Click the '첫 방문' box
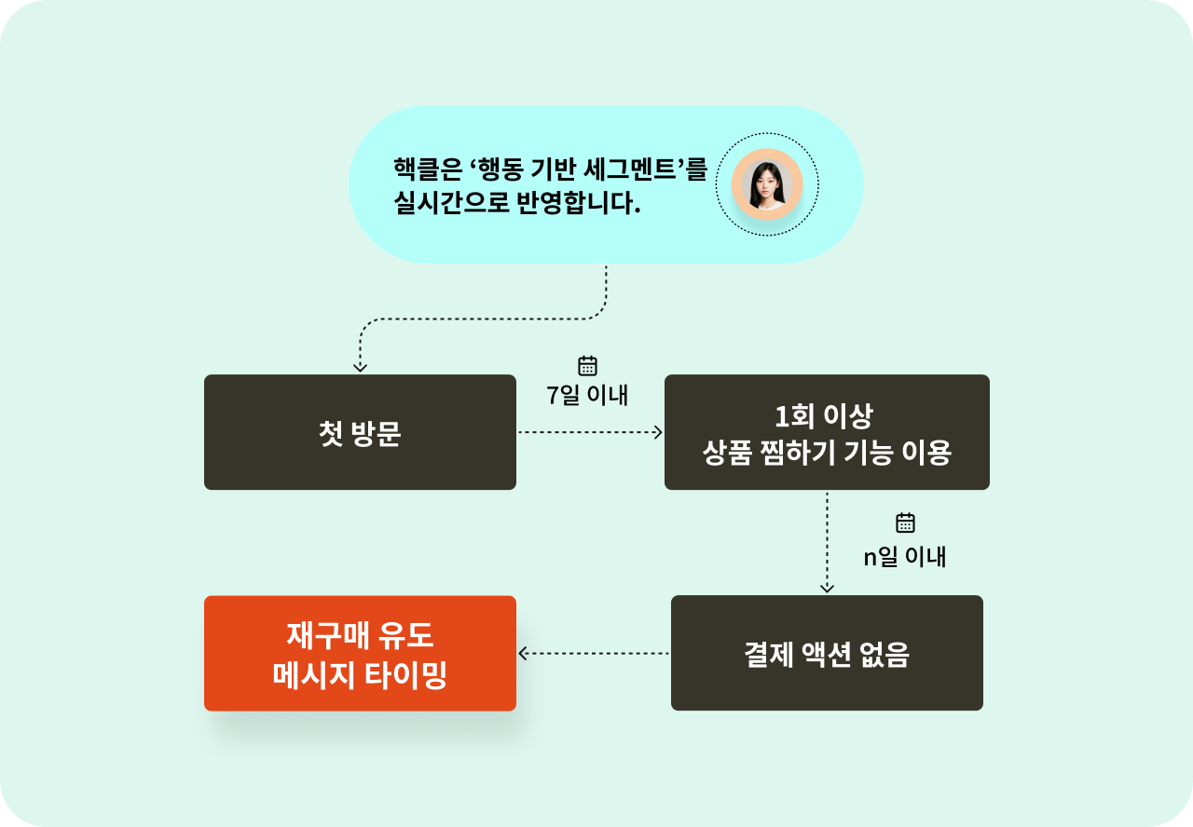click(x=360, y=432)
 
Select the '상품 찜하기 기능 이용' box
click(x=827, y=432)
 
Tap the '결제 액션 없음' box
click(x=827, y=653)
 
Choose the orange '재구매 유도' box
click(x=360, y=653)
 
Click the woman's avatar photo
click(x=767, y=183)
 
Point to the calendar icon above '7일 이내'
click(x=587, y=366)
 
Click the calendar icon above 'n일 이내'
click(x=905, y=522)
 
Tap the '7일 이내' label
click(x=587, y=395)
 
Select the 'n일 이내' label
click(x=905, y=557)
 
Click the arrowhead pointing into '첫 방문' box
click(x=361, y=367)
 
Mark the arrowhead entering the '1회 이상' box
click(x=657, y=432)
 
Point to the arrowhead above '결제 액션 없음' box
click(x=827, y=588)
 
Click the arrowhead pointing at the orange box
click(x=524, y=654)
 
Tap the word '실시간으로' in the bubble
click(x=450, y=203)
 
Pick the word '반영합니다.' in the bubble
click(x=579, y=203)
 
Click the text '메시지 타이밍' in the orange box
click(x=360, y=675)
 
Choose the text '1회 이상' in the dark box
click(x=827, y=415)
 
